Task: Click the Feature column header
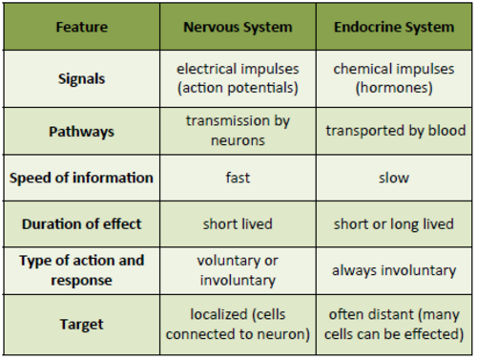pyautogui.click(x=81, y=28)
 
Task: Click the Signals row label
pyautogui.click(x=81, y=78)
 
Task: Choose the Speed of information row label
pyautogui.click(x=81, y=178)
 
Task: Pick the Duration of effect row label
pyautogui.click(x=81, y=224)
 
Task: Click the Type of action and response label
pyautogui.click(x=81, y=271)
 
